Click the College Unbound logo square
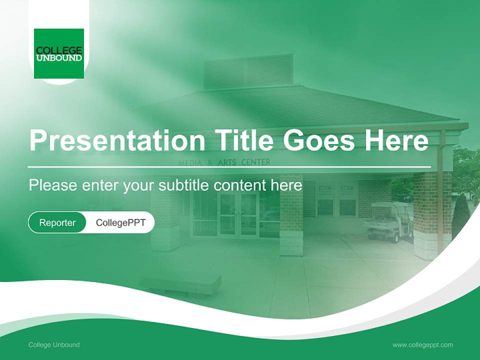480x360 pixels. [x=59, y=53]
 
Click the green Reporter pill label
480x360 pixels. [x=57, y=222]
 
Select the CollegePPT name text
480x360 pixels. [x=120, y=222]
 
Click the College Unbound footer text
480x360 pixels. [x=54, y=344]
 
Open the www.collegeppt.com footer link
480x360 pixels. [x=422, y=344]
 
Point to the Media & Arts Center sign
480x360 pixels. [x=224, y=162]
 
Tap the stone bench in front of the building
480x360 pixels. [x=180, y=282]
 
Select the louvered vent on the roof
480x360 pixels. [x=248, y=70]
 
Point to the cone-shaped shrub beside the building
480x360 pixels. [x=460, y=215]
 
